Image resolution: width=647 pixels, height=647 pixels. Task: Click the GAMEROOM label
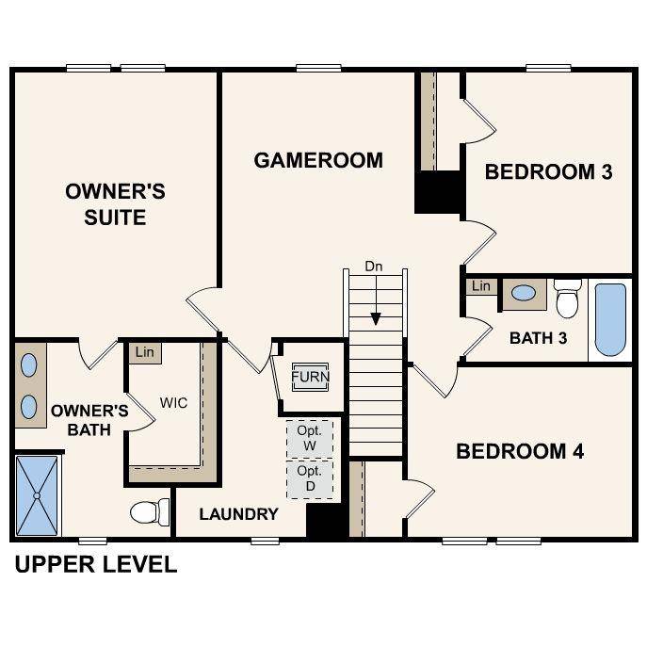(318, 160)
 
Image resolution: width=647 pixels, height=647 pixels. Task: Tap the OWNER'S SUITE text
(115, 204)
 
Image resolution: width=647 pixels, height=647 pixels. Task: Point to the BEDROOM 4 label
(520, 451)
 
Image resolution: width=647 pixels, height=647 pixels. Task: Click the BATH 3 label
(538, 337)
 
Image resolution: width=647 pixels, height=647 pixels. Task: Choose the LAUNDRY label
(238, 513)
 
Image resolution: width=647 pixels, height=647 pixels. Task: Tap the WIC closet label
(173, 403)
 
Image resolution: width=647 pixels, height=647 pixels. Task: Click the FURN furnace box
(310, 377)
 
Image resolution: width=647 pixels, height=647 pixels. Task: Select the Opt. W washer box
(310, 438)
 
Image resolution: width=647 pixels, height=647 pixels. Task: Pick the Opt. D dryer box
(310, 477)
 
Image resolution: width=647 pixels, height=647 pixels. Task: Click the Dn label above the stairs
(375, 267)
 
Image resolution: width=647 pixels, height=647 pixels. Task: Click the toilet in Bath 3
(567, 298)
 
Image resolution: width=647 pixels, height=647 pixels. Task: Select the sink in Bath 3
(523, 293)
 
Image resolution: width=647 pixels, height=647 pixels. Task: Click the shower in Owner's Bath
(37, 493)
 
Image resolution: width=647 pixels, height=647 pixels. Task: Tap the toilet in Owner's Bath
(149, 512)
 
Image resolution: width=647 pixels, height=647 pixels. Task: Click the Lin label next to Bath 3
(481, 285)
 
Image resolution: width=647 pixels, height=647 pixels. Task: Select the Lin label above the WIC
(144, 352)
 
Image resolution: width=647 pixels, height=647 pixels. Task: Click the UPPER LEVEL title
(95, 565)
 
